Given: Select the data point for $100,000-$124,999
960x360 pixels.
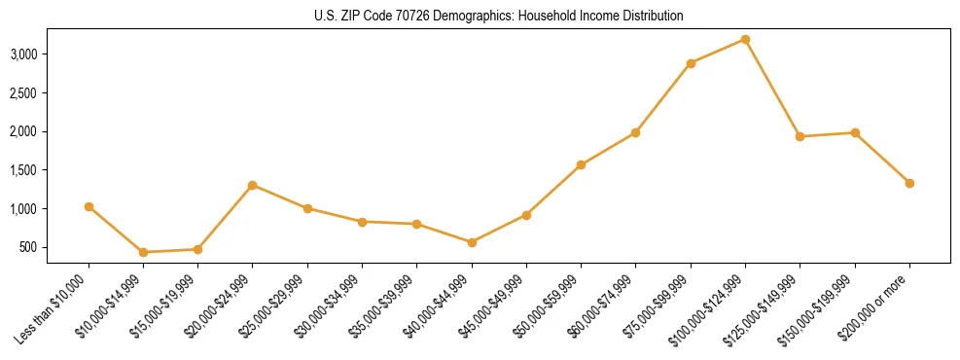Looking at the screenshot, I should [745, 39].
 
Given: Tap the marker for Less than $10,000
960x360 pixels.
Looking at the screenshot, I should [89, 206].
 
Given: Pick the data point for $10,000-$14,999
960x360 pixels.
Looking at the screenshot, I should [143, 252].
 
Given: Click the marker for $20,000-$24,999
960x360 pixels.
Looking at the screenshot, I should [253, 185].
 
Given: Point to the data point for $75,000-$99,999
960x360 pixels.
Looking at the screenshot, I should [691, 63].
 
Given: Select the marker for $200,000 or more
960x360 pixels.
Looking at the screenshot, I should [909, 183].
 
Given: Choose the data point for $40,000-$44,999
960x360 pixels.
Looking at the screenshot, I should [472, 242].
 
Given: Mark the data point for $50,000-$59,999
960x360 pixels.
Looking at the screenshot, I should [581, 165].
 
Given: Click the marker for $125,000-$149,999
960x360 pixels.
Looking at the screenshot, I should [800, 136].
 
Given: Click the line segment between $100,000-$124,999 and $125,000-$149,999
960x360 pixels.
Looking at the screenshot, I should [772, 88].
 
